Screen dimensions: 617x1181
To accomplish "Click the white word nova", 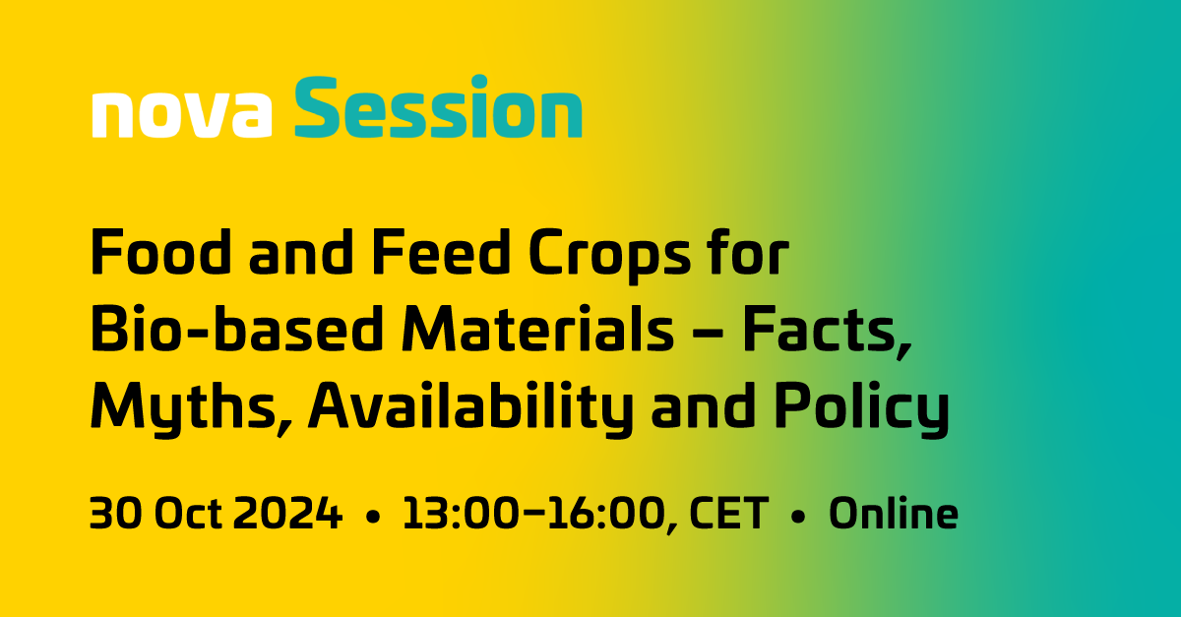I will pos(181,114).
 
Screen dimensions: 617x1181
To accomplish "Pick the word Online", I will pos(893,515).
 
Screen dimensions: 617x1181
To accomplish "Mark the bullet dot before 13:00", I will pos(372,517).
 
